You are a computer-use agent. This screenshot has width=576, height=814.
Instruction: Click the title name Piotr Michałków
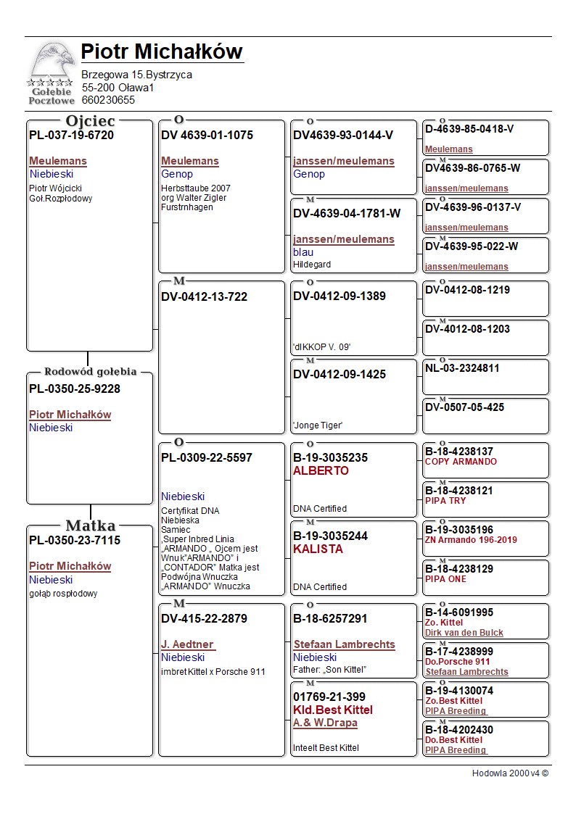[x=162, y=52]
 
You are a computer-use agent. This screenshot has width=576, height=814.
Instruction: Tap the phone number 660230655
[x=108, y=100]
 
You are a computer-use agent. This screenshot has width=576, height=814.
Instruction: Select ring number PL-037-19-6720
[x=71, y=135]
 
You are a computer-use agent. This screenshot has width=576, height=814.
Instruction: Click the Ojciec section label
[x=90, y=121]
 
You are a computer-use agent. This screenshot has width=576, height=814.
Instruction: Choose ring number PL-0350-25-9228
[x=75, y=389]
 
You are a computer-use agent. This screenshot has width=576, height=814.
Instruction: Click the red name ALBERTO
[x=321, y=470]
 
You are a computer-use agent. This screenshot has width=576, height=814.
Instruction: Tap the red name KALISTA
[x=318, y=549]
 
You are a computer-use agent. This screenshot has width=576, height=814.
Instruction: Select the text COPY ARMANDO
[x=461, y=462]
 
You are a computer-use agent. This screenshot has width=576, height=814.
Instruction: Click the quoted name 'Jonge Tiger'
[x=318, y=425]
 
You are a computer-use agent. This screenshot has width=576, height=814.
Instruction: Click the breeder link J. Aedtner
[x=188, y=644]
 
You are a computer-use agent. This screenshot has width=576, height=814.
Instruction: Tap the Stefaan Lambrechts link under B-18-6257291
[x=344, y=644]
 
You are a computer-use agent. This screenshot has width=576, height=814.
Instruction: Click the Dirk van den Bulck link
[x=464, y=633]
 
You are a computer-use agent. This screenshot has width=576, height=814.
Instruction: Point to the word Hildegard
[x=312, y=265]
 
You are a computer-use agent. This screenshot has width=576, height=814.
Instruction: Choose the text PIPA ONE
[x=445, y=579]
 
